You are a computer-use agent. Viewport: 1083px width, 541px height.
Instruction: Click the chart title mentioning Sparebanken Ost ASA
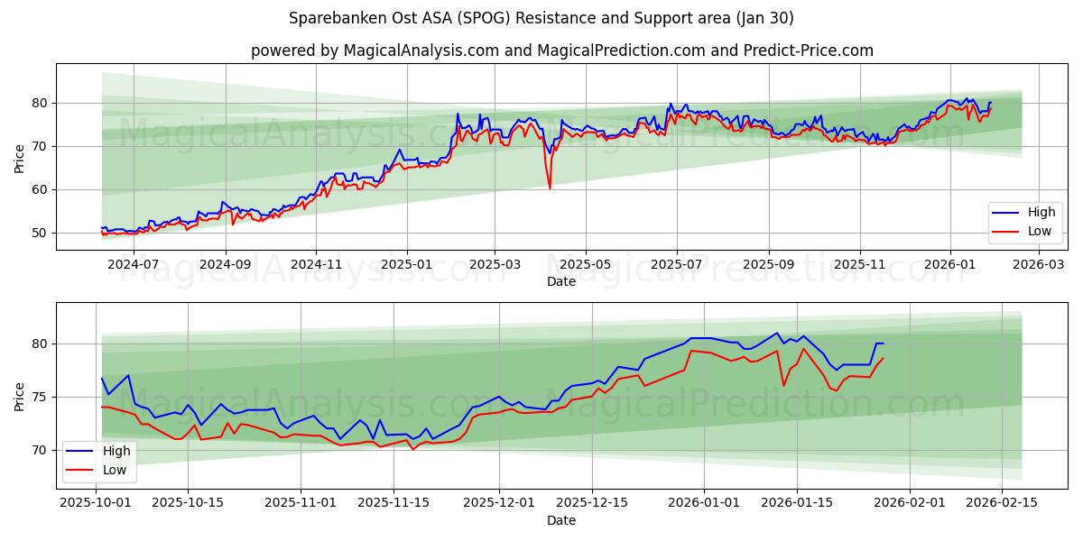[x=541, y=18]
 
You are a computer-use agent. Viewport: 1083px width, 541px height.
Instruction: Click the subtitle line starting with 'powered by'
[x=561, y=50]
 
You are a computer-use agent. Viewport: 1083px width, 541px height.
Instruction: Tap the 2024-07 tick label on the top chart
[x=134, y=265]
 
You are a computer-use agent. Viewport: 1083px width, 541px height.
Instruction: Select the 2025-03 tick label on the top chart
[x=495, y=265]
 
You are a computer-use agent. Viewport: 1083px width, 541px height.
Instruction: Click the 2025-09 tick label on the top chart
[x=768, y=265]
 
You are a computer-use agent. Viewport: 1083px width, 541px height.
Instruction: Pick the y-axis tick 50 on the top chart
[x=40, y=233]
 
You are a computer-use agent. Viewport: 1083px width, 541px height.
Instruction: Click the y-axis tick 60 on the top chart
[x=40, y=189]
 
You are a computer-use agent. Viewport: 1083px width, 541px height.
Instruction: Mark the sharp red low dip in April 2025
[x=550, y=188]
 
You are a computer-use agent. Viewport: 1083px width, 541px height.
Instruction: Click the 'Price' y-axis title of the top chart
[x=20, y=159]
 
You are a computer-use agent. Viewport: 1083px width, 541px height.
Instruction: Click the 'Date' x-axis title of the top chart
[x=561, y=281]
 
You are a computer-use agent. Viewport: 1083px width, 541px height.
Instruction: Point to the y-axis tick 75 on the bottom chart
[x=40, y=397]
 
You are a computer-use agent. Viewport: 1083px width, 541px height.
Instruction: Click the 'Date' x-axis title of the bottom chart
[x=561, y=520]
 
